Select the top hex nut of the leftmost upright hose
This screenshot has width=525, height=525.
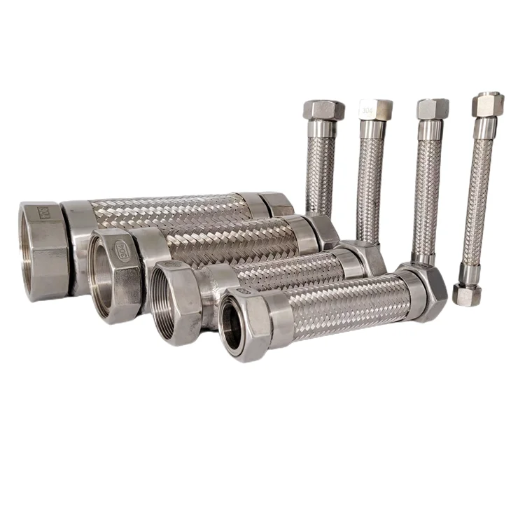tap(323, 110)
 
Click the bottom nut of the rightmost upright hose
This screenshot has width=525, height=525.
tap(466, 294)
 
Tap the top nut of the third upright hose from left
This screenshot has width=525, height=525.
tap(433, 108)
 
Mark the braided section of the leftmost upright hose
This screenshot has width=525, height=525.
tap(321, 175)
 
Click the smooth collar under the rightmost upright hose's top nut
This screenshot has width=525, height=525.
tap(484, 128)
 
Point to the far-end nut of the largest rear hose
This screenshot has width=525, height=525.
tap(278, 204)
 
